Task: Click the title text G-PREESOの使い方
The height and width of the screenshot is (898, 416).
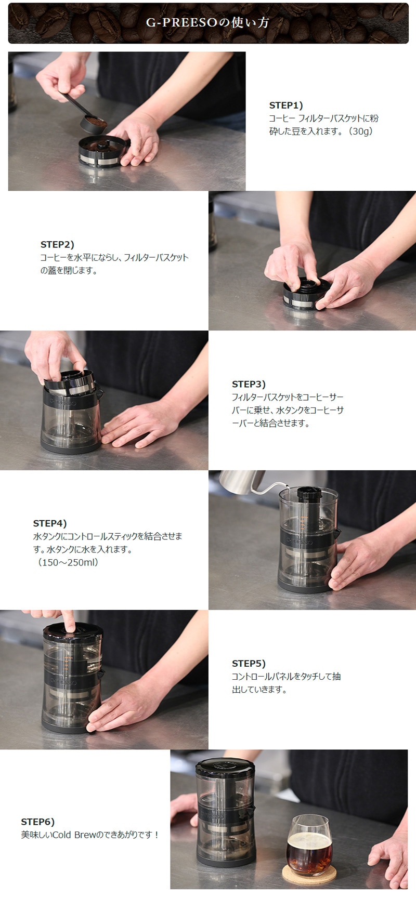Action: (207, 23)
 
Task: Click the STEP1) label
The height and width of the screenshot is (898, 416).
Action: (286, 105)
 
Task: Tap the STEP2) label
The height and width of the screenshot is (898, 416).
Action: (57, 244)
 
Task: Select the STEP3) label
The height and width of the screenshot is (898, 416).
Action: (249, 384)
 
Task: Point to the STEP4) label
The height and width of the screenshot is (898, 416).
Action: (50, 523)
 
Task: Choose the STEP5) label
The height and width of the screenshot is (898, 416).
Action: (249, 664)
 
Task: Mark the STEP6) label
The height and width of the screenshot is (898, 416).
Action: (37, 822)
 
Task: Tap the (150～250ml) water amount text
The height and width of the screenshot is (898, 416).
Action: (68, 562)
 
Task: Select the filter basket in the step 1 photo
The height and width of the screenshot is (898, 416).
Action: (103, 152)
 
